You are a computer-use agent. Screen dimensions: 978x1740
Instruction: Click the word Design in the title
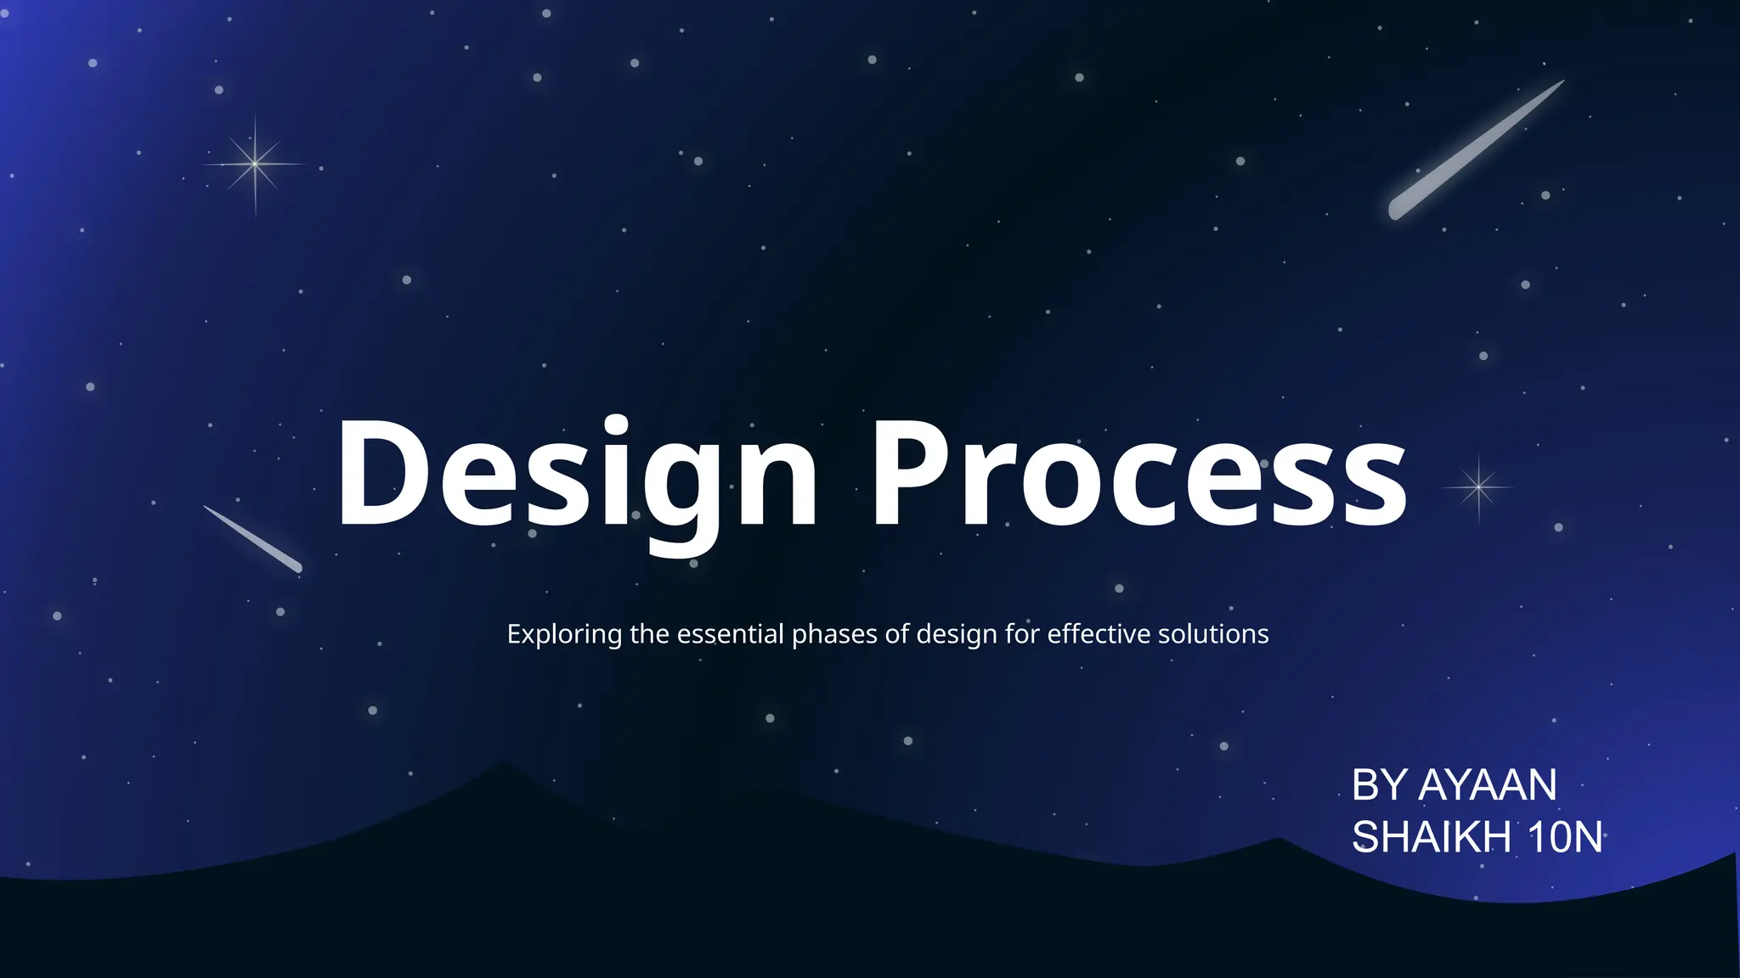(x=578, y=474)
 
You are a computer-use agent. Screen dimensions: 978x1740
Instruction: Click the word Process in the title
(x=1138, y=474)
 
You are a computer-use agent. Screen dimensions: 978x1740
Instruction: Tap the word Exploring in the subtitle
(x=564, y=634)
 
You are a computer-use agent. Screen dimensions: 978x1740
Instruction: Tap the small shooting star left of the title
(x=252, y=539)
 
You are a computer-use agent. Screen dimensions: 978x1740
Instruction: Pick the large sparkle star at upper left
(x=255, y=164)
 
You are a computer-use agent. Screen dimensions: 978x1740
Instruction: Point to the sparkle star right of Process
(x=1479, y=487)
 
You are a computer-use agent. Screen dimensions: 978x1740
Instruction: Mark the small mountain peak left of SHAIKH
(x=1279, y=840)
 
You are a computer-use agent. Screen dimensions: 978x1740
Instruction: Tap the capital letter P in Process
(x=909, y=474)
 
